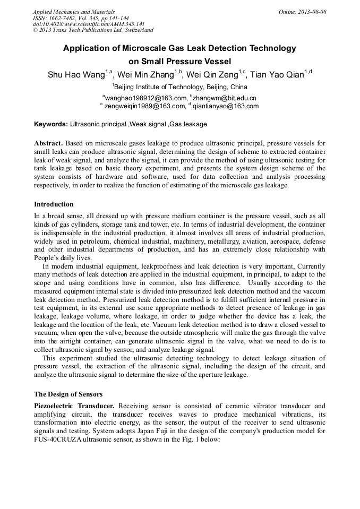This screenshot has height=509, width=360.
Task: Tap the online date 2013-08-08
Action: coord(312,12)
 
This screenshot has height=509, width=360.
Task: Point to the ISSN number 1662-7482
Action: coord(70,18)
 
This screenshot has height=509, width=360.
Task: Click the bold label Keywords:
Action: coord(51,124)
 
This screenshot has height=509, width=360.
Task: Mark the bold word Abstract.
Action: coord(48,143)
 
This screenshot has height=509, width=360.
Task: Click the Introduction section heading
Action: coord(54,204)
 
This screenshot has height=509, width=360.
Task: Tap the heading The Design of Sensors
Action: coord(68,394)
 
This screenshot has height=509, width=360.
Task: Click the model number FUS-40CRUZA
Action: coord(58,440)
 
